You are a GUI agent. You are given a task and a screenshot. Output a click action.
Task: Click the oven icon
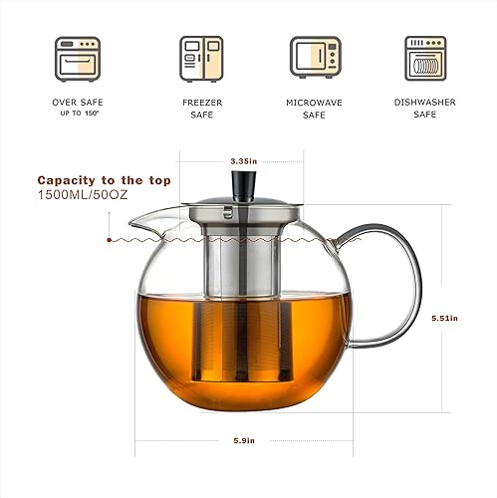(77, 57)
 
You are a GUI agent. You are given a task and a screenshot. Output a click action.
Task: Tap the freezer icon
(196, 57)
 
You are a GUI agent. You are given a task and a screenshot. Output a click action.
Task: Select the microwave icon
(314, 57)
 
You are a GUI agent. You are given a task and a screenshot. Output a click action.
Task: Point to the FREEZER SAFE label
(195, 108)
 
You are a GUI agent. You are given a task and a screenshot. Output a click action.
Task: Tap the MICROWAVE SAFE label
(314, 108)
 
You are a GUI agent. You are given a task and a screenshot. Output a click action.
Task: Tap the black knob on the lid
(242, 185)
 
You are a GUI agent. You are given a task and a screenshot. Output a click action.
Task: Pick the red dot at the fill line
(107, 240)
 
